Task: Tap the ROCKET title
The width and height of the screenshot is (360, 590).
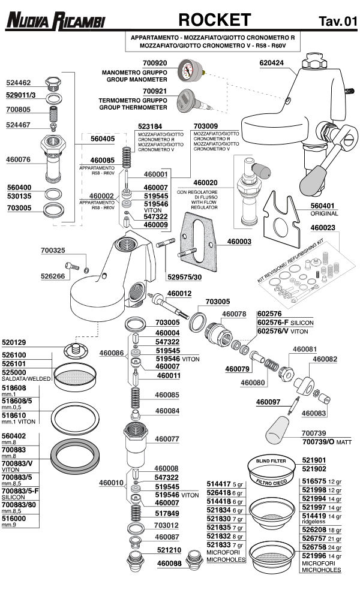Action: click(x=214, y=20)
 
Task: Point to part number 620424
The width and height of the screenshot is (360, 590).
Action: click(x=272, y=62)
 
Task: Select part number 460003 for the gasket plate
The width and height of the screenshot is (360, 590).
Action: click(x=240, y=242)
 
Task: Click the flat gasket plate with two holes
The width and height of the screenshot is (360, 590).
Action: click(x=198, y=243)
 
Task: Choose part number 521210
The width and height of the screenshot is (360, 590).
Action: click(x=169, y=550)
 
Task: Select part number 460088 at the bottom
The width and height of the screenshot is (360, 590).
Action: click(x=169, y=563)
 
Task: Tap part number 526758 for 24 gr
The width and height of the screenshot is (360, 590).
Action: click(x=314, y=547)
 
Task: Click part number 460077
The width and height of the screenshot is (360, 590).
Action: click(x=168, y=439)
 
